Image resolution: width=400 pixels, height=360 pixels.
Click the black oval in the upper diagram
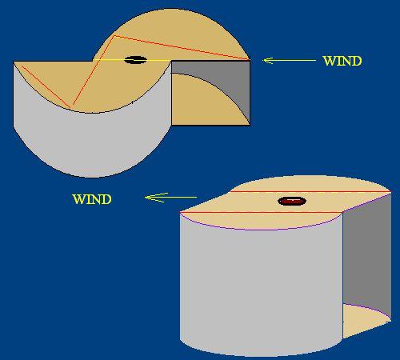click(136, 60)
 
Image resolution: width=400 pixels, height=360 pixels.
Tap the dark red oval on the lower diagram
click(292, 201)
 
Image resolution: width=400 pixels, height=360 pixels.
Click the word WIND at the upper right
click(342, 61)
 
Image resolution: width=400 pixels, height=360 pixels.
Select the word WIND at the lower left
click(92, 199)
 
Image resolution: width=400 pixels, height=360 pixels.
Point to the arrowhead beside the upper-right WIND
click(267, 61)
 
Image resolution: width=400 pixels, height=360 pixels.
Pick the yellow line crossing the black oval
click(132, 60)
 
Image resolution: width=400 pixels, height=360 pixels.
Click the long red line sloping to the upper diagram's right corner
click(182, 47)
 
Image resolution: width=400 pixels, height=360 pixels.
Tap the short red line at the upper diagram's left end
click(46, 87)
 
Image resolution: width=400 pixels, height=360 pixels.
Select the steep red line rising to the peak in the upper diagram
click(94, 70)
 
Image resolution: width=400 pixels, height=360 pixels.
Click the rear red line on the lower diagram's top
click(310, 191)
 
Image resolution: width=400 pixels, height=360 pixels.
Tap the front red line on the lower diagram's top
click(262, 212)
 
